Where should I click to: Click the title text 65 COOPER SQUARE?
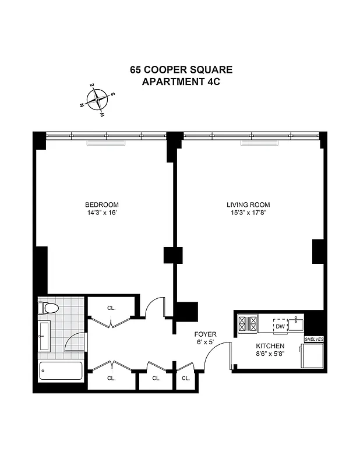(x=181, y=70)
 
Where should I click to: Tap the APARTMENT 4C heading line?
(x=181, y=82)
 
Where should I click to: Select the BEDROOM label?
(x=102, y=204)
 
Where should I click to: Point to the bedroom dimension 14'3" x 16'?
(x=102, y=213)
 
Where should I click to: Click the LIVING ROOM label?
(x=248, y=204)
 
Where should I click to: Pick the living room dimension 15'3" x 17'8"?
(x=248, y=213)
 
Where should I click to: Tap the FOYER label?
(x=206, y=334)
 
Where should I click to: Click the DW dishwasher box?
(x=280, y=326)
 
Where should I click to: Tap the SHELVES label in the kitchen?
(x=313, y=339)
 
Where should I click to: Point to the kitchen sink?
(x=298, y=322)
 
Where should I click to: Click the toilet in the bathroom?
(x=48, y=309)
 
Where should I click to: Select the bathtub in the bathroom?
(x=61, y=370)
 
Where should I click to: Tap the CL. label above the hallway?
(x=111, y=308)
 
